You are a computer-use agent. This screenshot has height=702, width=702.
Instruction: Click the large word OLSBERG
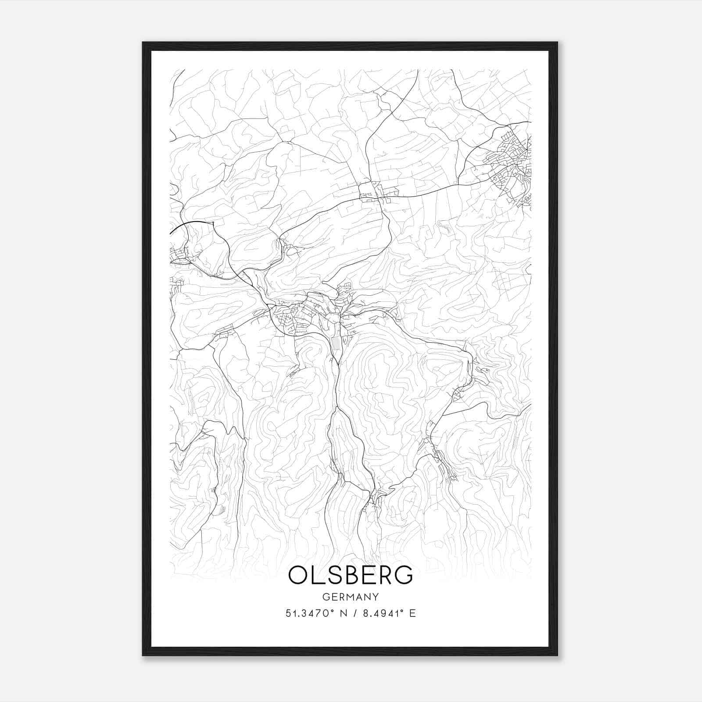(351, 575)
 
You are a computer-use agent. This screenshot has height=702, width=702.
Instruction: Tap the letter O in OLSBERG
(299, 575)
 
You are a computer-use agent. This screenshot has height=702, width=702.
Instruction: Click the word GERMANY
(351, 597)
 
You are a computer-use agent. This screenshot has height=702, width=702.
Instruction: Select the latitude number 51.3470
(304, 613)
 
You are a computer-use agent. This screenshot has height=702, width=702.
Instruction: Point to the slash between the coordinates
(354, 613)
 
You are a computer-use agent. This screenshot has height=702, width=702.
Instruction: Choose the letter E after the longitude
(412, 613)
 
